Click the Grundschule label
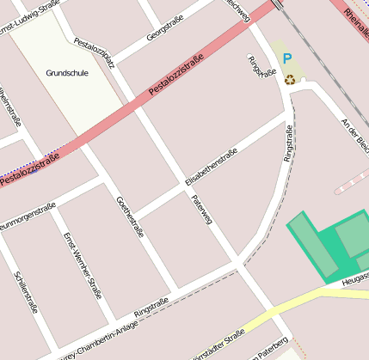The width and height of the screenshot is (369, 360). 67,73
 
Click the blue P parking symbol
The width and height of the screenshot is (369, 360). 287,59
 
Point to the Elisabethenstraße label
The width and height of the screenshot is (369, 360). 211,167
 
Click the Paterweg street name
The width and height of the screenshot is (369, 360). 202,211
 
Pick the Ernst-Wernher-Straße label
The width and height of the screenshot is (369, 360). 83,264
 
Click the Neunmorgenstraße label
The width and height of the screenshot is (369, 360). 27,215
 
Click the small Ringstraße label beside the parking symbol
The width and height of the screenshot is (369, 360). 255,66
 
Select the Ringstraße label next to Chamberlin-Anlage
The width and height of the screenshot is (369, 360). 151,308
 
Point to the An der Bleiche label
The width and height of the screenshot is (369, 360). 354,133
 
